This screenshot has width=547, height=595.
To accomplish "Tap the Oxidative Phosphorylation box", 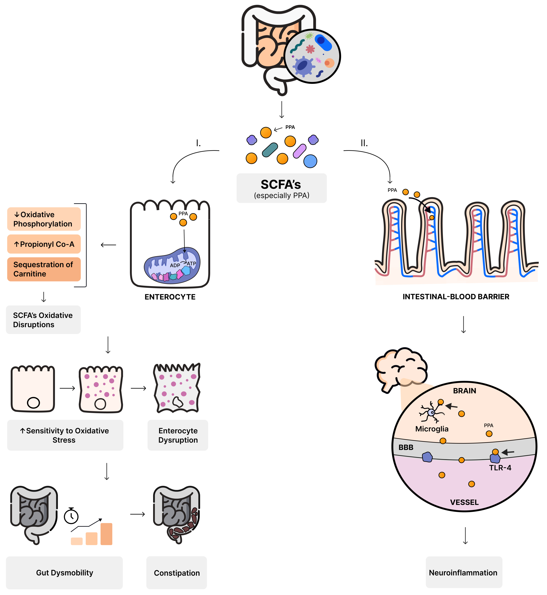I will (44, 219).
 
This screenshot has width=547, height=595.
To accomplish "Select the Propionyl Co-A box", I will (44, 244).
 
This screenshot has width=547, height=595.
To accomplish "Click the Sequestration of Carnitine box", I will (44, 269).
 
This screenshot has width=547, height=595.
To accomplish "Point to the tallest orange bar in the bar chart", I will (106, 534).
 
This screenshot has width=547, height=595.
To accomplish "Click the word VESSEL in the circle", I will (464, 502).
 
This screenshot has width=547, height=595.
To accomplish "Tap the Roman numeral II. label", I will (364, 143).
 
